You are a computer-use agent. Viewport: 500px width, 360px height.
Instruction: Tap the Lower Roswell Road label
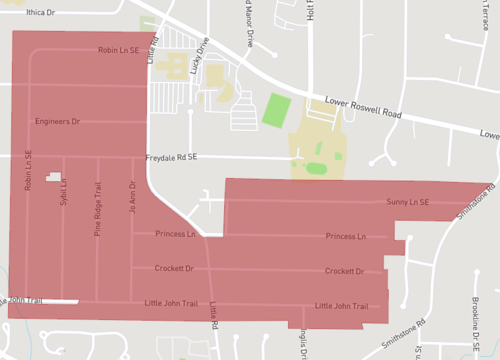click(363, 107)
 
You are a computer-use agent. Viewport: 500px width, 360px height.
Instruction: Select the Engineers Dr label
click(57, 121)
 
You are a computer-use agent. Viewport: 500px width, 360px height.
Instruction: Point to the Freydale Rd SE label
click(171, 157)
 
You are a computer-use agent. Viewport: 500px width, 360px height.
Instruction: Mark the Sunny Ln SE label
click(408, 202)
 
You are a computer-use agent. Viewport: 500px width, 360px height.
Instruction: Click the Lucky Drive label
click(198, 61)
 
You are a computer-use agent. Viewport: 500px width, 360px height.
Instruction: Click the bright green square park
click(276, 109)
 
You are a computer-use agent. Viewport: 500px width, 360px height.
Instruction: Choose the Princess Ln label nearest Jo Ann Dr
click(178, 234)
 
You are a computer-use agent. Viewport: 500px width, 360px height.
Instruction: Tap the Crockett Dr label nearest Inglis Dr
click(343, 271)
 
